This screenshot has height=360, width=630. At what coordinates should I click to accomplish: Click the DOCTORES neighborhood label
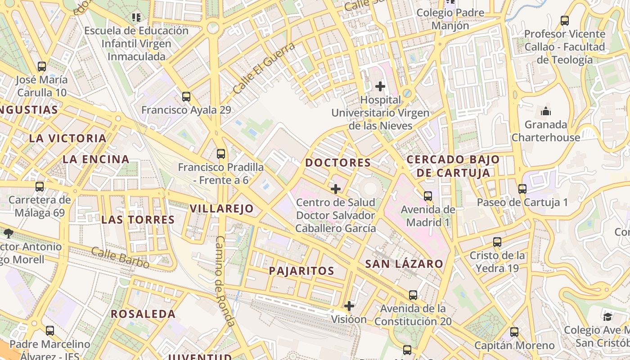click(x=338, y=163)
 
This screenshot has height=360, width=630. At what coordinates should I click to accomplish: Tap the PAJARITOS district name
click(x=301, y=271)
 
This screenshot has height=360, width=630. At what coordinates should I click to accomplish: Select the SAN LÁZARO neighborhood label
click(x=404, y=264)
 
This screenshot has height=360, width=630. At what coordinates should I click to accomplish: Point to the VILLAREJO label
click(x=221, y=208)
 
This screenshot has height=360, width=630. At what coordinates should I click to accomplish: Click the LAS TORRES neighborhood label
click(x=138, y=220)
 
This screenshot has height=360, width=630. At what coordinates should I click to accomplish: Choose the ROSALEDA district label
click(x=143, y=314)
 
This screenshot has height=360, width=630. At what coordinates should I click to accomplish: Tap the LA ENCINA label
click(x=96, y=159)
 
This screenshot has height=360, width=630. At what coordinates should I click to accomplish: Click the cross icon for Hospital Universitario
click(x=380, y=86)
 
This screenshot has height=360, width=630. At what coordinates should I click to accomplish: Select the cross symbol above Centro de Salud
click(x=335, y=189)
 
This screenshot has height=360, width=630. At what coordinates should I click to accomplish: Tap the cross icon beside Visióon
click(x=349, y=306)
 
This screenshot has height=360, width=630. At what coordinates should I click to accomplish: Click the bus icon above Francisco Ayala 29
click(x=186, y=96)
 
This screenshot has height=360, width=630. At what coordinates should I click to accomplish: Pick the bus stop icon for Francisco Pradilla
click(x=220, y=154)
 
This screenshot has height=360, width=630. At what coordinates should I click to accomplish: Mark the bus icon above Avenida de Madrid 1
click(x=427, y=196)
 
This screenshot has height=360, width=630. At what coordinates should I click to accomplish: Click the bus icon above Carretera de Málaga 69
click(x=40, y=186)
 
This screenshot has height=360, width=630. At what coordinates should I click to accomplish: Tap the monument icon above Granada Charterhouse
click(x=546, y=111)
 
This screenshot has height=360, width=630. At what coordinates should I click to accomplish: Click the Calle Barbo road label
click(x=120, y=258)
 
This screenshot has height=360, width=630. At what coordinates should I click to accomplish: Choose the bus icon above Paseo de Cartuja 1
click(x=522, y=189)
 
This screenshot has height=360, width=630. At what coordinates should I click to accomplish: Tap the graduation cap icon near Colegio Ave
click(x=607, y=317)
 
